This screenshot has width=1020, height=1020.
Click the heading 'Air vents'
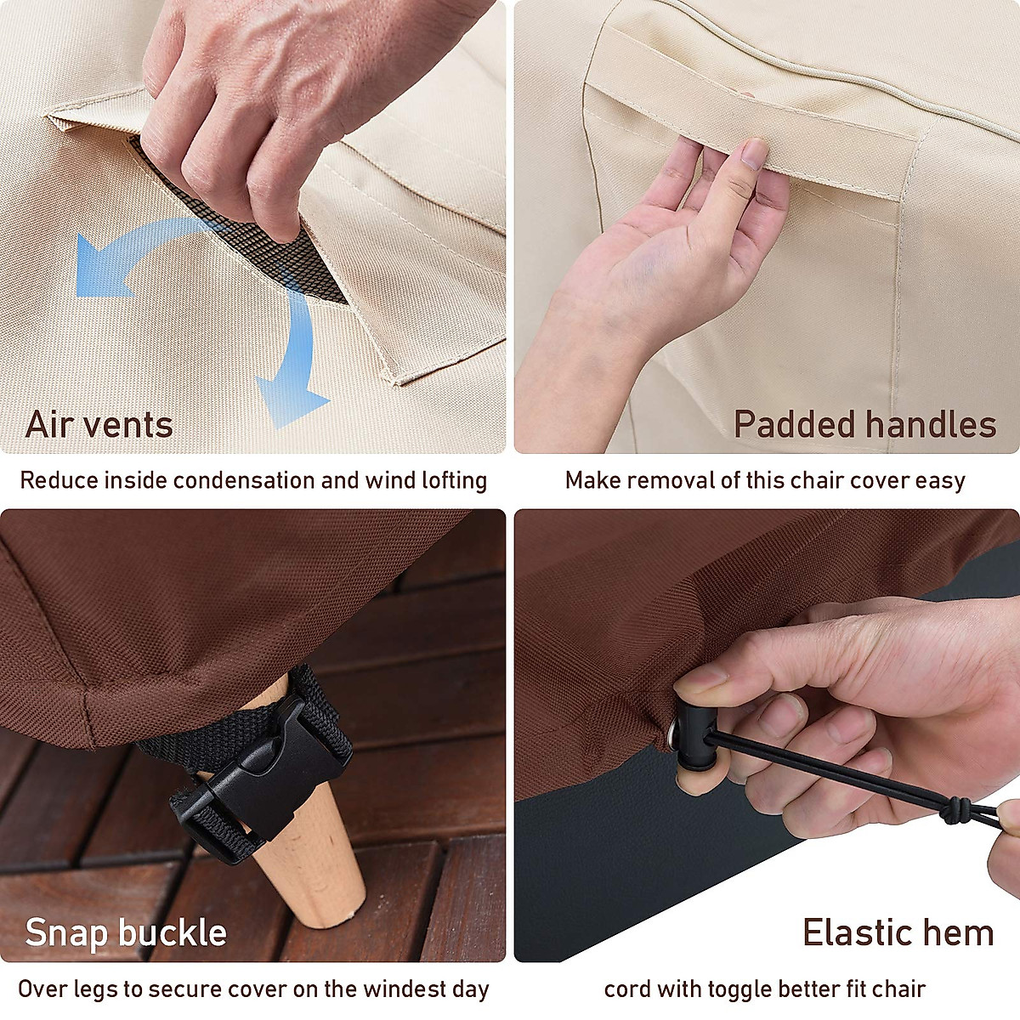(99, 424)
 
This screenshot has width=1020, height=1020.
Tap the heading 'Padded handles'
(864, 424)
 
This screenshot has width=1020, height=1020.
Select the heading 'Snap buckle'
(126, 932)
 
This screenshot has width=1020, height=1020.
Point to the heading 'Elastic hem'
(898, 932)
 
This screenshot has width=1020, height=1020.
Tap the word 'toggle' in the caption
(743, 989)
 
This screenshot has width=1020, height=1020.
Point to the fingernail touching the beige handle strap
(752, 154)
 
